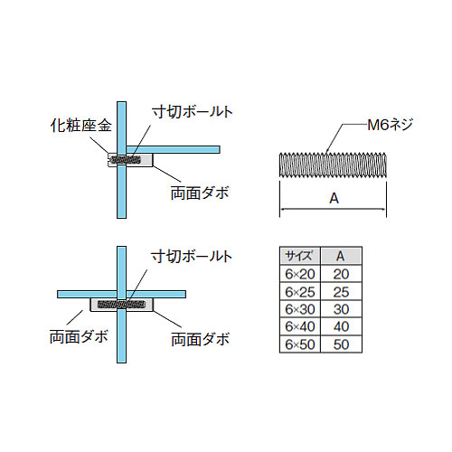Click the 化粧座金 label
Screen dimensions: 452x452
[x=80, y=125]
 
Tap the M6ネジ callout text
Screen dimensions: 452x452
[x=390, y=125]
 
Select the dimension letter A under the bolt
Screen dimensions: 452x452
[x=334, y=198]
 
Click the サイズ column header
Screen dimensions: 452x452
[x=298, y=256]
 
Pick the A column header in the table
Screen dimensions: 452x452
[x=341, y=256]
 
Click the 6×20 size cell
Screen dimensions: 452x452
[x=300, y=274]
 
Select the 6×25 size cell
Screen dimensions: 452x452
[x=300, y=292]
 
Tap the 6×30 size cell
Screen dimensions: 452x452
[x=300, y=309]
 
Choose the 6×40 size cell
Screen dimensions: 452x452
[x=300, y=326]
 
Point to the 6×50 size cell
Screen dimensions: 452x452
[x=300, y=344]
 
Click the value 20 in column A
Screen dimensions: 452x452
[x=341, y=274]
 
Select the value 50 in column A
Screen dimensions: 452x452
[x=341, y=344]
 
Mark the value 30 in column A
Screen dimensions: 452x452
[x=341, y=309]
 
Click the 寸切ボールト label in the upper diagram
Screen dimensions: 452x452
[x=193, y=112]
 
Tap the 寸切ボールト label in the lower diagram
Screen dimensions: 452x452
[x=192, y=257]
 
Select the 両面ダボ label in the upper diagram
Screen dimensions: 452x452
[x=200, y=193]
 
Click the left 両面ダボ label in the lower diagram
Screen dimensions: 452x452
[x=79, y=336]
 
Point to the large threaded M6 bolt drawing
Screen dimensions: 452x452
[x=333, y=165]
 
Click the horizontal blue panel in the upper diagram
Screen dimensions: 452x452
[x=173, y=149]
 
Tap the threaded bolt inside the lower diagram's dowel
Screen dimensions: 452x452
[x=120, y=305]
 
